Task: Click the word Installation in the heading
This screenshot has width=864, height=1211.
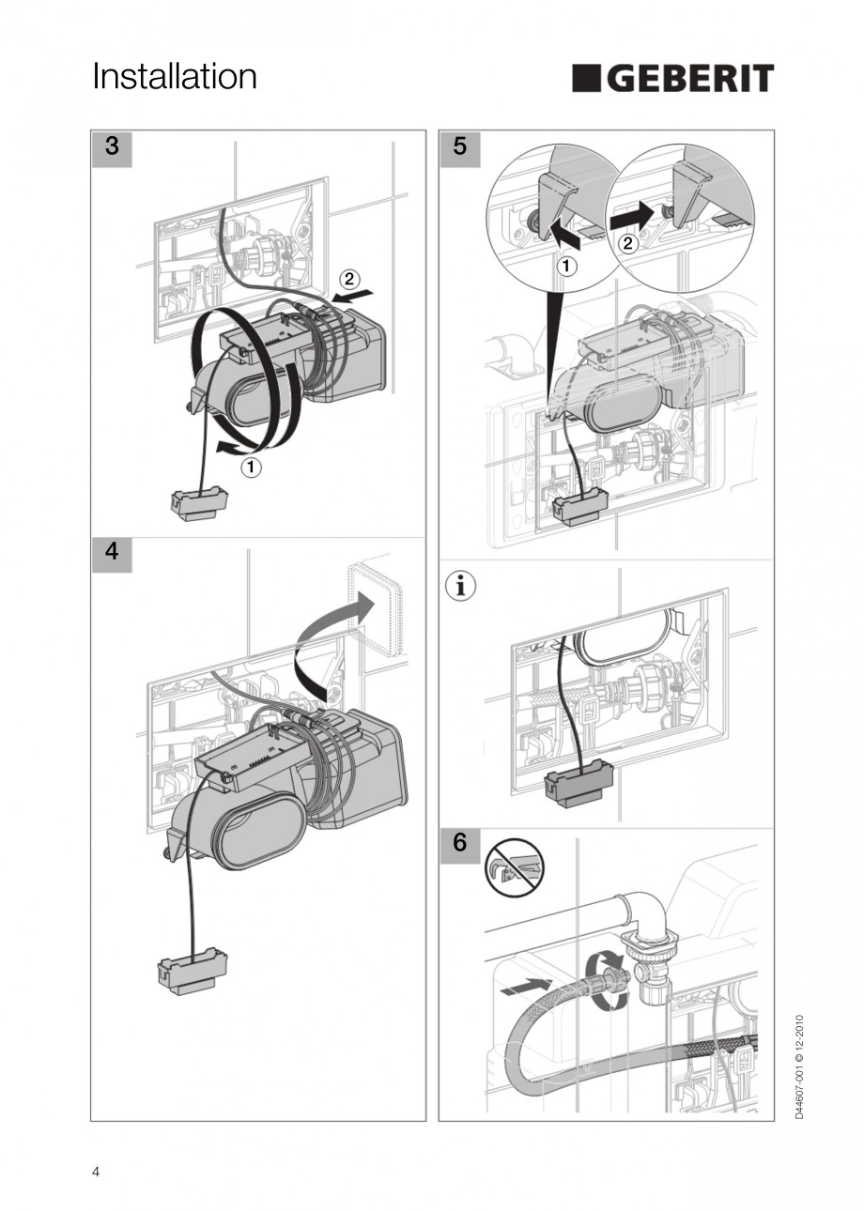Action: tap(175, 77)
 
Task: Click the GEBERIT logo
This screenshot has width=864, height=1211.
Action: tap(672, 79)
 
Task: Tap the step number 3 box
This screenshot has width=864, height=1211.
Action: tap(112, 147)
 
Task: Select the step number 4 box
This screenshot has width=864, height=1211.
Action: tap(112, 552)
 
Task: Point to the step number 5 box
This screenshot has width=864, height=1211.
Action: tap(459, 147)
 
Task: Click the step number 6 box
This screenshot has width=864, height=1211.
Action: tap(459, 843)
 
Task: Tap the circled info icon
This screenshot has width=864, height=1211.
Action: tap(460, 587)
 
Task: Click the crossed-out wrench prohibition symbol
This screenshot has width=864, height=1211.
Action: tap(508, 868)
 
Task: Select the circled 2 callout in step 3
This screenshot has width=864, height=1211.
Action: tap(347, 278)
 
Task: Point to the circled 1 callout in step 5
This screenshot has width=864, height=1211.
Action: tap(567, 267)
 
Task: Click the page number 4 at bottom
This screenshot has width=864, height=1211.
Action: tap(96, 1172)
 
